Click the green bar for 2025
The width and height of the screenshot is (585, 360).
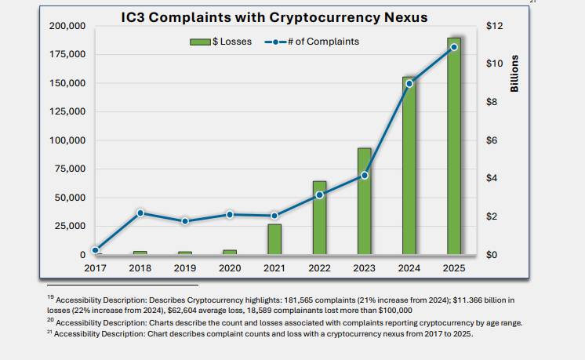coord(454,146)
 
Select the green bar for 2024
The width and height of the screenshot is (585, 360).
coord(409,165)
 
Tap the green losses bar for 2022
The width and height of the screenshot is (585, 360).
coord(319,218)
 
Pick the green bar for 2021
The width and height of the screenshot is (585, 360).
coord(274,239)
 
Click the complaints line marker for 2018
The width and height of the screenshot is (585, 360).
coord(140,213)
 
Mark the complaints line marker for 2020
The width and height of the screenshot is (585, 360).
coord(230,214)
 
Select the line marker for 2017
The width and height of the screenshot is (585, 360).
coord(96,250)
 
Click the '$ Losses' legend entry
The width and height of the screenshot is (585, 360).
coord(221,42)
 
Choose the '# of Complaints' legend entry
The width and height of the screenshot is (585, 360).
coord(312,42)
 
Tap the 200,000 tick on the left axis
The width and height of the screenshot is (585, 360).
coord(67,26)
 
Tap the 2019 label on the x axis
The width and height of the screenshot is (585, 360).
coord(185,268)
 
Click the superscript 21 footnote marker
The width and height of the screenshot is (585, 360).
coord(49,332)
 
